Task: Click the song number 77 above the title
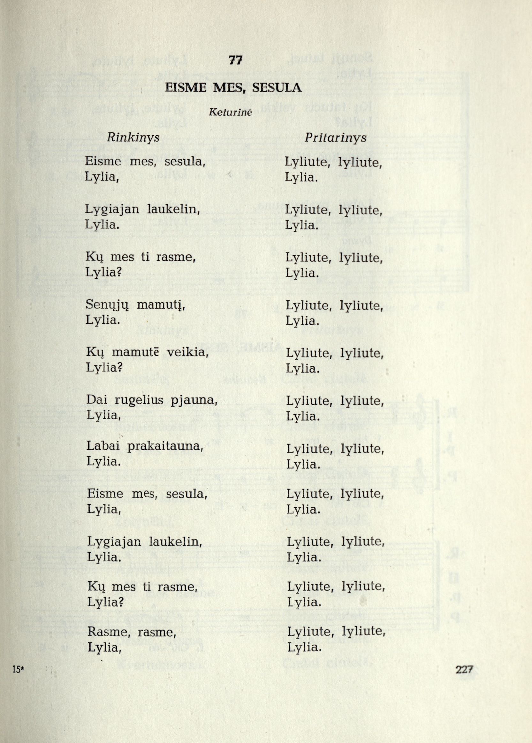(x=236, y=61)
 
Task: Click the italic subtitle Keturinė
(x=230, y=113)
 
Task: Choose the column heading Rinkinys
(x=133, y=138)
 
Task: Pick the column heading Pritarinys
(x=335, y=138)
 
